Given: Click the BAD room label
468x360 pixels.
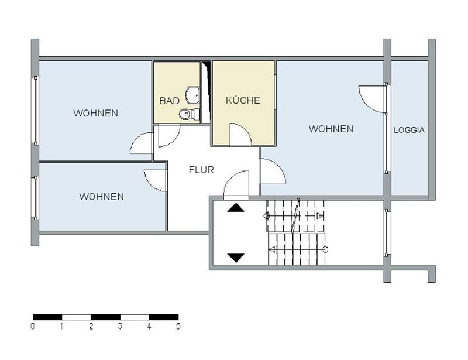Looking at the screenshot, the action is pos(169,101).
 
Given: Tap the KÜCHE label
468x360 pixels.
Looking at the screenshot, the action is pos(243,100).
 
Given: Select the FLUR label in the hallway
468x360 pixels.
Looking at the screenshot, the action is pos(201,170).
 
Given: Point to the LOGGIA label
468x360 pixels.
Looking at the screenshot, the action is pos(409,130).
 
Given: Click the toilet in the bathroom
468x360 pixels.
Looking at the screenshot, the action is pos(189,114).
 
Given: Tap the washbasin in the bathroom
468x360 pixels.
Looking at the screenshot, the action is pos(193,95).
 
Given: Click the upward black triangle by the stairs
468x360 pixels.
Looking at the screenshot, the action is pos(236,208).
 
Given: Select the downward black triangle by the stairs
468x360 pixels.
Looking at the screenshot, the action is pos(236,258).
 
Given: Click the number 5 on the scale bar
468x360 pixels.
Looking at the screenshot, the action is pos(178,325).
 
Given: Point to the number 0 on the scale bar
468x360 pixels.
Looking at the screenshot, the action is pos(33,325).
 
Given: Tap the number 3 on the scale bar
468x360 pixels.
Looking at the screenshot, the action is pos(120,325).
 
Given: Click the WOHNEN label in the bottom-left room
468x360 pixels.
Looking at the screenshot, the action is pos(101,196).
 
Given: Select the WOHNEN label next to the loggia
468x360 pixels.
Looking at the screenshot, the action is pos(331,129).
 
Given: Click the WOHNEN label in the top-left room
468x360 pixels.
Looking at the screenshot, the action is pos(96,113).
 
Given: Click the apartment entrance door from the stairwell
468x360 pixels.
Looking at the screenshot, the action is pos(230,179).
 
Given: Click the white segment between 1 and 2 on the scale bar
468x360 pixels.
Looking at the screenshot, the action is pos(77,317).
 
